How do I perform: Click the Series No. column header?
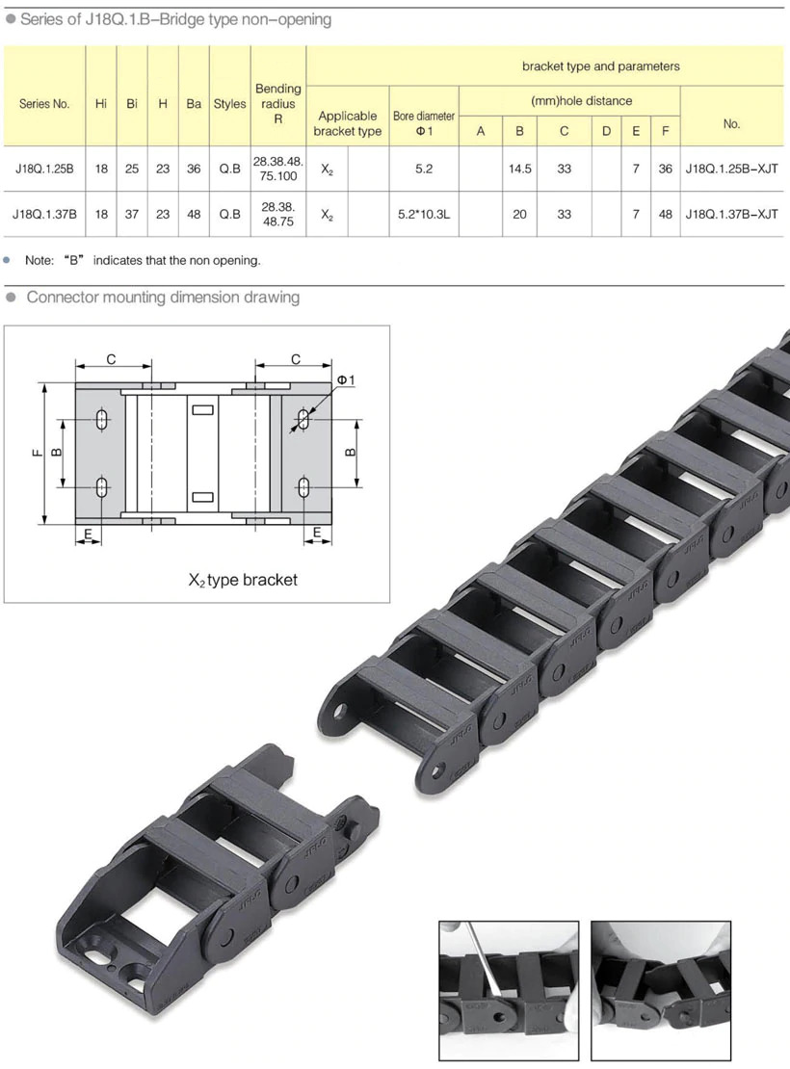[x=44, y=104]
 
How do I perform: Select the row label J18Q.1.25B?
[x=44, y=169]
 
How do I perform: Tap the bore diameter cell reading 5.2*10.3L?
[x=424, y=214]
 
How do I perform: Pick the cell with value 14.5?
[x=520, y=169]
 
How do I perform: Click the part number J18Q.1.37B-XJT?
[x=731, y=214]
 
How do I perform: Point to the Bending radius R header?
[x=278, y=104]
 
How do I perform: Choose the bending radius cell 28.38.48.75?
[x=278, y=214]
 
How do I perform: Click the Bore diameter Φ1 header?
[x=424, y=123]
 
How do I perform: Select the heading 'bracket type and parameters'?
[x=601, y=66]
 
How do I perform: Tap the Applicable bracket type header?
[x=347, y=123]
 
